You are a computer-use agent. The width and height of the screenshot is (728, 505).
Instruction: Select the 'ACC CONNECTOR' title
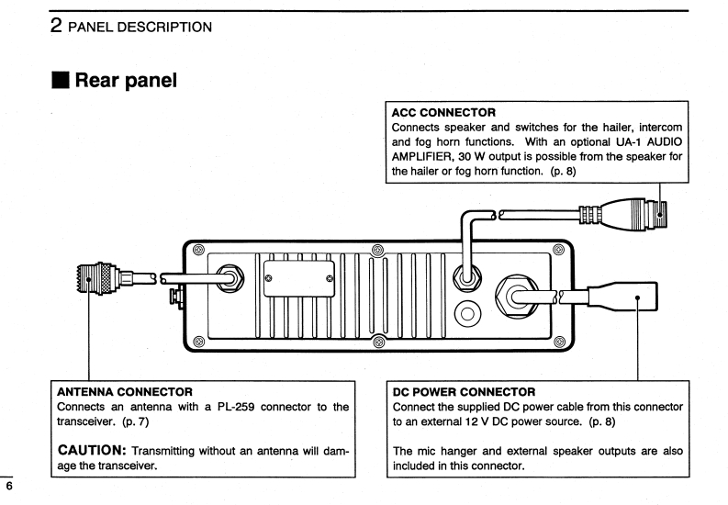tap(443, 113)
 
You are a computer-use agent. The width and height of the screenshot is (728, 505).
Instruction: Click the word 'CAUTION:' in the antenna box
tap(92, 450)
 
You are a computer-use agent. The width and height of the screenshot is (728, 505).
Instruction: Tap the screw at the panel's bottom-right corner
tap(554, 342)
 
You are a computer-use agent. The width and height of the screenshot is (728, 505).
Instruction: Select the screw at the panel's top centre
tap(376, 249)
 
